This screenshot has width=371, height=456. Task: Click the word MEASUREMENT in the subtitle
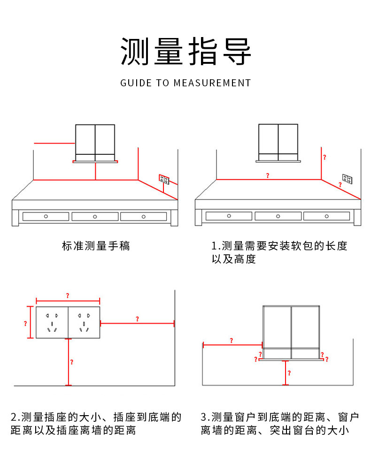[212, 83]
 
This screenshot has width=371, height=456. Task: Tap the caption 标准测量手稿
[96, 245]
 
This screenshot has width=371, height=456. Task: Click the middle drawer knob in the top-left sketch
[95, 216]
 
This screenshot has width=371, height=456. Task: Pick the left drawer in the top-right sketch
[229, 216]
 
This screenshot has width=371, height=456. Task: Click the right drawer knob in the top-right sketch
[326, 216]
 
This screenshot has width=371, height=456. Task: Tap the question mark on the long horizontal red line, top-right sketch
[268, 175]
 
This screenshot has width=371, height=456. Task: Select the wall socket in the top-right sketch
[347, 179]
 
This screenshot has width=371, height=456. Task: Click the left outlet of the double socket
[52, 322]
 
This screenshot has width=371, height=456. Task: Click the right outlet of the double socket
[84, 322]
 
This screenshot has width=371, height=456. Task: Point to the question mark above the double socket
[67, 296]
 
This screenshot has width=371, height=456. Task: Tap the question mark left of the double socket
[25, 323]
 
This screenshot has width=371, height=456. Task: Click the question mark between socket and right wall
[137, 319]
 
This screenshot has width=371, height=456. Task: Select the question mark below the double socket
[71, 362]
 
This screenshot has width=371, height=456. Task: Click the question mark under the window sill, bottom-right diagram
[289, 373]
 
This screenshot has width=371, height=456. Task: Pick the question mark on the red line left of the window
[231, 341]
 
